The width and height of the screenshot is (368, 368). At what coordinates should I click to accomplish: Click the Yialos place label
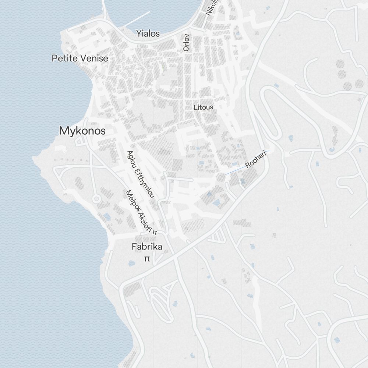coord(148,33)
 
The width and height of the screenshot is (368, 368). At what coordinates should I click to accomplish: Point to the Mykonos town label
coord(82,131)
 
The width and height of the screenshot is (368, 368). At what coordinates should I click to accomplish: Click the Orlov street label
coord(186,42)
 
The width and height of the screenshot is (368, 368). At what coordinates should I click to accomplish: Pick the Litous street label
coord(203,107)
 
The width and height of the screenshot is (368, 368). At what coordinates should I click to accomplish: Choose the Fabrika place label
coord(147,247)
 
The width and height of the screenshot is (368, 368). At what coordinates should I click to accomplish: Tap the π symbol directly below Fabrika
coord(147,259)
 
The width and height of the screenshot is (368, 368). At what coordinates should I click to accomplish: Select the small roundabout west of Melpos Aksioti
coord(96,199)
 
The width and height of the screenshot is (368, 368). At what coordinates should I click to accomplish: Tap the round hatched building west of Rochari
coord(220,178)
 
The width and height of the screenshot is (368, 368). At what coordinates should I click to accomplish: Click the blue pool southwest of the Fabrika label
coord(131,263)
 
